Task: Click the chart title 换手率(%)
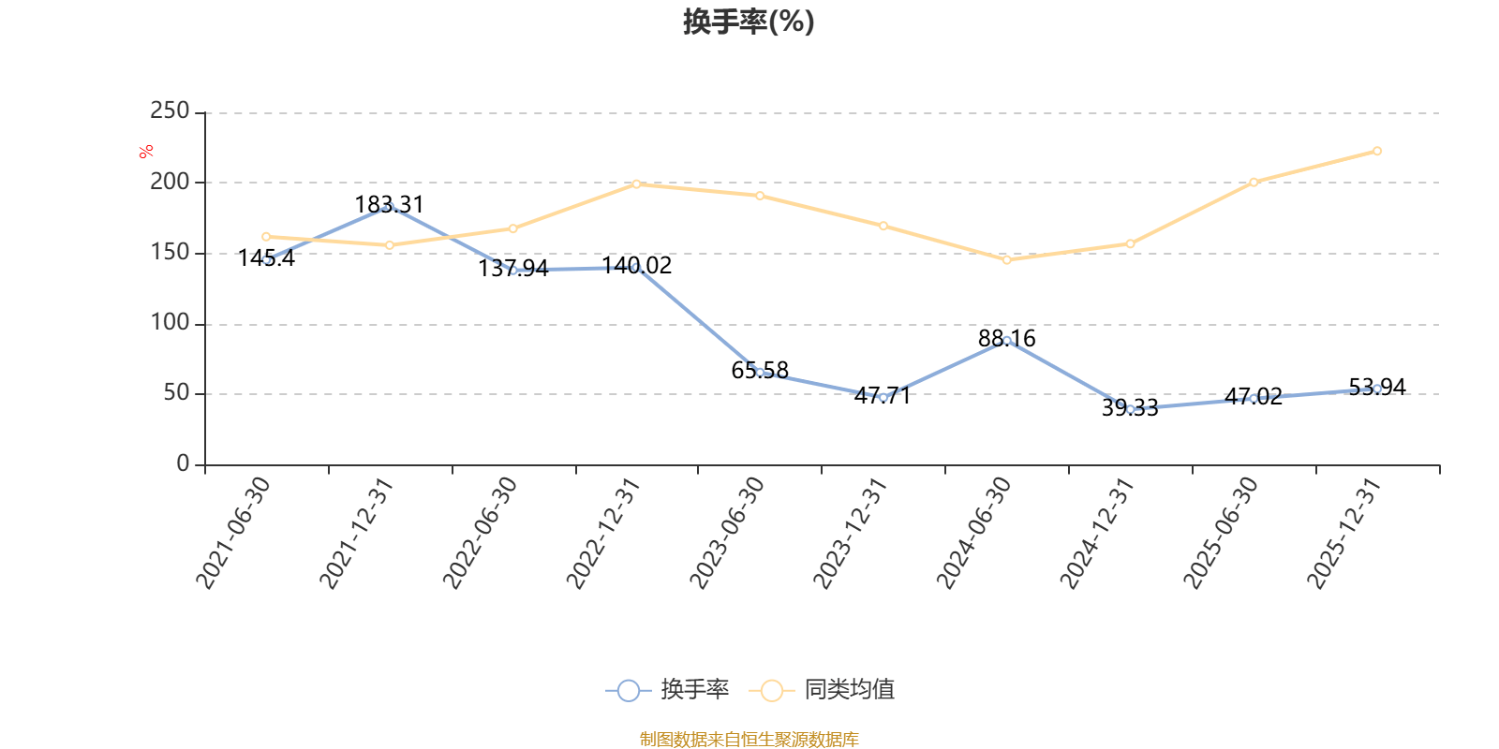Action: (749, 22)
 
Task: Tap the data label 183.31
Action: (389, 204)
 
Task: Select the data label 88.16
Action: (1006, 338)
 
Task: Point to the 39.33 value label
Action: (1129, 407)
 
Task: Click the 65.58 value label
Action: (760, 370)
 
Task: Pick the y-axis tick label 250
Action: (170, 111)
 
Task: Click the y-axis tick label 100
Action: (170, 323)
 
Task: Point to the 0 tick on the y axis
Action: (183, 464)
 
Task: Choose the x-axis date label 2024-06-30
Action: (974, 533)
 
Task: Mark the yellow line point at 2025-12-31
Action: (1376, 151)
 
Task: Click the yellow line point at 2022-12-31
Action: (636, 184)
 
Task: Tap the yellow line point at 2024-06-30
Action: (1006, 260)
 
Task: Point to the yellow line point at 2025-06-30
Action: (1254, 182)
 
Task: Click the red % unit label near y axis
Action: (145, 152)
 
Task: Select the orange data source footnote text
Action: (749, 740)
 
